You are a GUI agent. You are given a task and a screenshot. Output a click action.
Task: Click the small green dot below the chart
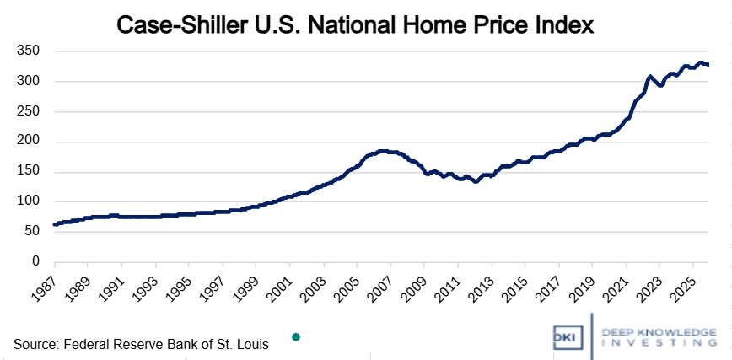point(296,337)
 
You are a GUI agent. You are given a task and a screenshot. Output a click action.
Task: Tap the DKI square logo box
point(562,336)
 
